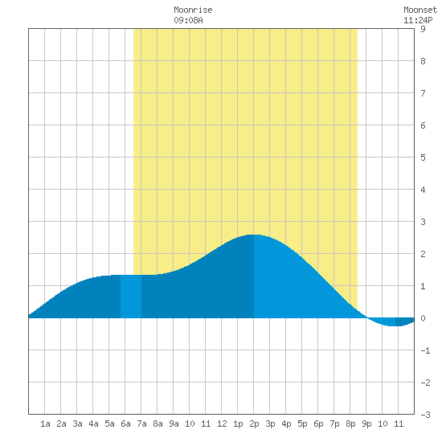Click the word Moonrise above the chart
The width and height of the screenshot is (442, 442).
tap(193, 10)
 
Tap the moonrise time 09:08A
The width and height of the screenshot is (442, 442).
tap(188, 20)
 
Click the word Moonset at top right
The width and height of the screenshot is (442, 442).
tap(420, 10)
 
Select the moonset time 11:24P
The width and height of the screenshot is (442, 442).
tap(418, 20)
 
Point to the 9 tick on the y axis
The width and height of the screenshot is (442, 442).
tap(423, 29)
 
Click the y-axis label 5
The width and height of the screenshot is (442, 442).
tap(423, 158)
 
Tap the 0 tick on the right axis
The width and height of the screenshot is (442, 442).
tap(423, 318)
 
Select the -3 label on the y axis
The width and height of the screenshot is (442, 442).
tap(425, 415)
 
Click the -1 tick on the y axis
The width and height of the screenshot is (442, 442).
tap(425, 350)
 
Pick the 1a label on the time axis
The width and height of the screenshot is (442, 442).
tap(45, 424)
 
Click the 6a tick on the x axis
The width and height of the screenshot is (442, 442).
tap(125, 424)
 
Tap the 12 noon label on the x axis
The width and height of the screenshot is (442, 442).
tap(222, 424)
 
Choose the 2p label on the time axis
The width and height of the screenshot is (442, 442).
tap(254, 424)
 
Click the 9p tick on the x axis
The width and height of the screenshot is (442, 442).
tap(366, 424)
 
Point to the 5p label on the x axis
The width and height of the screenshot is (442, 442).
tap(302, 424)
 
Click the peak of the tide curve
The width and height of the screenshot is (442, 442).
tap(253, 235)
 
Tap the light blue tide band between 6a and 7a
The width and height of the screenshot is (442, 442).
tap(131, 297)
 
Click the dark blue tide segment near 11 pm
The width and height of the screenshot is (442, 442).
tap(404, 321)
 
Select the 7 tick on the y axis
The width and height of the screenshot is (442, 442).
tap(423, 93)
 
